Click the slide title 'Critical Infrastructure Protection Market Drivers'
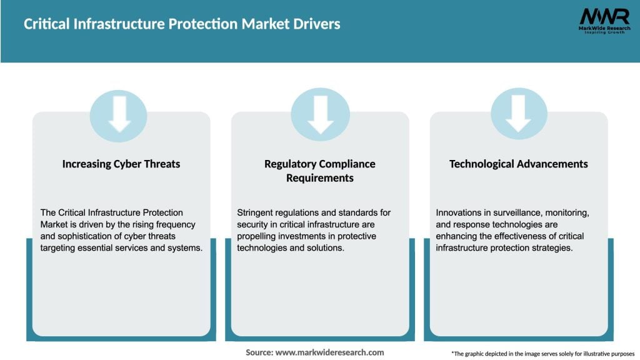182,24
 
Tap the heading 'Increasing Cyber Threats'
121,164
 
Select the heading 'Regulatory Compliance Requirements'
320,171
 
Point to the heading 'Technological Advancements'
519,164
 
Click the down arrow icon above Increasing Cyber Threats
119,116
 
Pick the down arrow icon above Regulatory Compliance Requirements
320,116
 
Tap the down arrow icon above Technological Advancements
519,116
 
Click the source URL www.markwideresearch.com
330,352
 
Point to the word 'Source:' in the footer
259,352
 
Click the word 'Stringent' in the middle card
257,213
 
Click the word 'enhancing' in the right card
456,236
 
